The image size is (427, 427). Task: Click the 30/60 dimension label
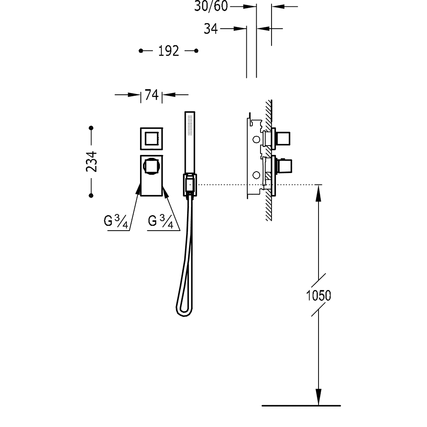pos(211,6)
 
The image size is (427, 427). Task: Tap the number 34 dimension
pos(211,29)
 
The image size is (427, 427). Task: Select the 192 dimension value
pos(169,51)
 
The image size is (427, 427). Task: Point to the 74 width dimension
pos(152,95)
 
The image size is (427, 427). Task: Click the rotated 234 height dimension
pos(91,161)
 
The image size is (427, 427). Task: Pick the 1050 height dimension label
pos(319,295)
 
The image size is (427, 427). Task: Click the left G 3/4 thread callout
pos(116,221)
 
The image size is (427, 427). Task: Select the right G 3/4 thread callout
pos(161,221)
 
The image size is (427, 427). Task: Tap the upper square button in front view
pos(152,138)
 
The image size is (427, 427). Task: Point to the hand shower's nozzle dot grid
pos(190,125)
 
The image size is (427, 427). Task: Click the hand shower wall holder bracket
pos(190,184)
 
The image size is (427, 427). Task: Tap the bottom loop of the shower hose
pos(183,312)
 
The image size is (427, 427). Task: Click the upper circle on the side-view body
pos(256,140)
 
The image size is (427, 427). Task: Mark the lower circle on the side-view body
pos(256,175)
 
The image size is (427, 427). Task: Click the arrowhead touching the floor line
pos(318,397)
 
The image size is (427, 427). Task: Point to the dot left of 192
pos(141,51)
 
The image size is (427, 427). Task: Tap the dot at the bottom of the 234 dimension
pos(91,195)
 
